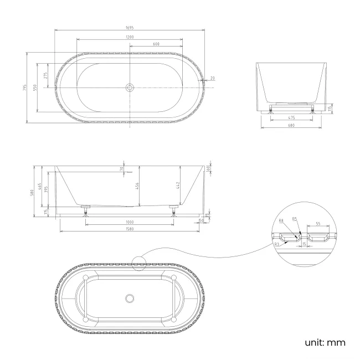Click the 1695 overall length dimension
[130, 27]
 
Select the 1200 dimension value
[129, 37]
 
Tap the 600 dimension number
[156, 44]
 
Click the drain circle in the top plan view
[130, 88]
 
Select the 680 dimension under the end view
[291, 125]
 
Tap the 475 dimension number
[291, 117]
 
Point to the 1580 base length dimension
[129, 229]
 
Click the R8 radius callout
[282, 221]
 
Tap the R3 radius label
[277, 244]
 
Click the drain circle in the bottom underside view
[130, 299]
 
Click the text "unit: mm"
[325, 343]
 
